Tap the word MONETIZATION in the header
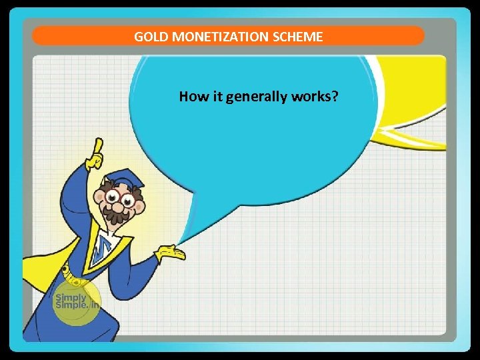[211, 37]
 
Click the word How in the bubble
[189, 97]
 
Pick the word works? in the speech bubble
[315, 97]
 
